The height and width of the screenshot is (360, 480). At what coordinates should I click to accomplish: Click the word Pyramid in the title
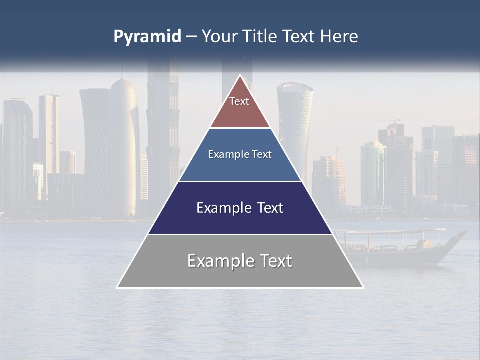coord(147,37)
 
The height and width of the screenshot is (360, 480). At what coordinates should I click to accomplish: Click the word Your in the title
coord(220,36)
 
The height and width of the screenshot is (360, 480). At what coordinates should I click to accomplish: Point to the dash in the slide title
coord(191,37)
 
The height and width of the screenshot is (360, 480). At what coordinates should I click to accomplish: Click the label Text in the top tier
coord(239,101)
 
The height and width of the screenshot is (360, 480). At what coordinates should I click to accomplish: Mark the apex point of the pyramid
coord(240,75)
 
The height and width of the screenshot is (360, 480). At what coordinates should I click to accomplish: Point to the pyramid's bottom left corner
coord(117,287)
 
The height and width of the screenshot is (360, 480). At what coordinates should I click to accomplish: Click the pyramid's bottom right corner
coord(363,287)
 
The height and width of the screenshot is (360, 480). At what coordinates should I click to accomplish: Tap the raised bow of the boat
coord(457,237)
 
